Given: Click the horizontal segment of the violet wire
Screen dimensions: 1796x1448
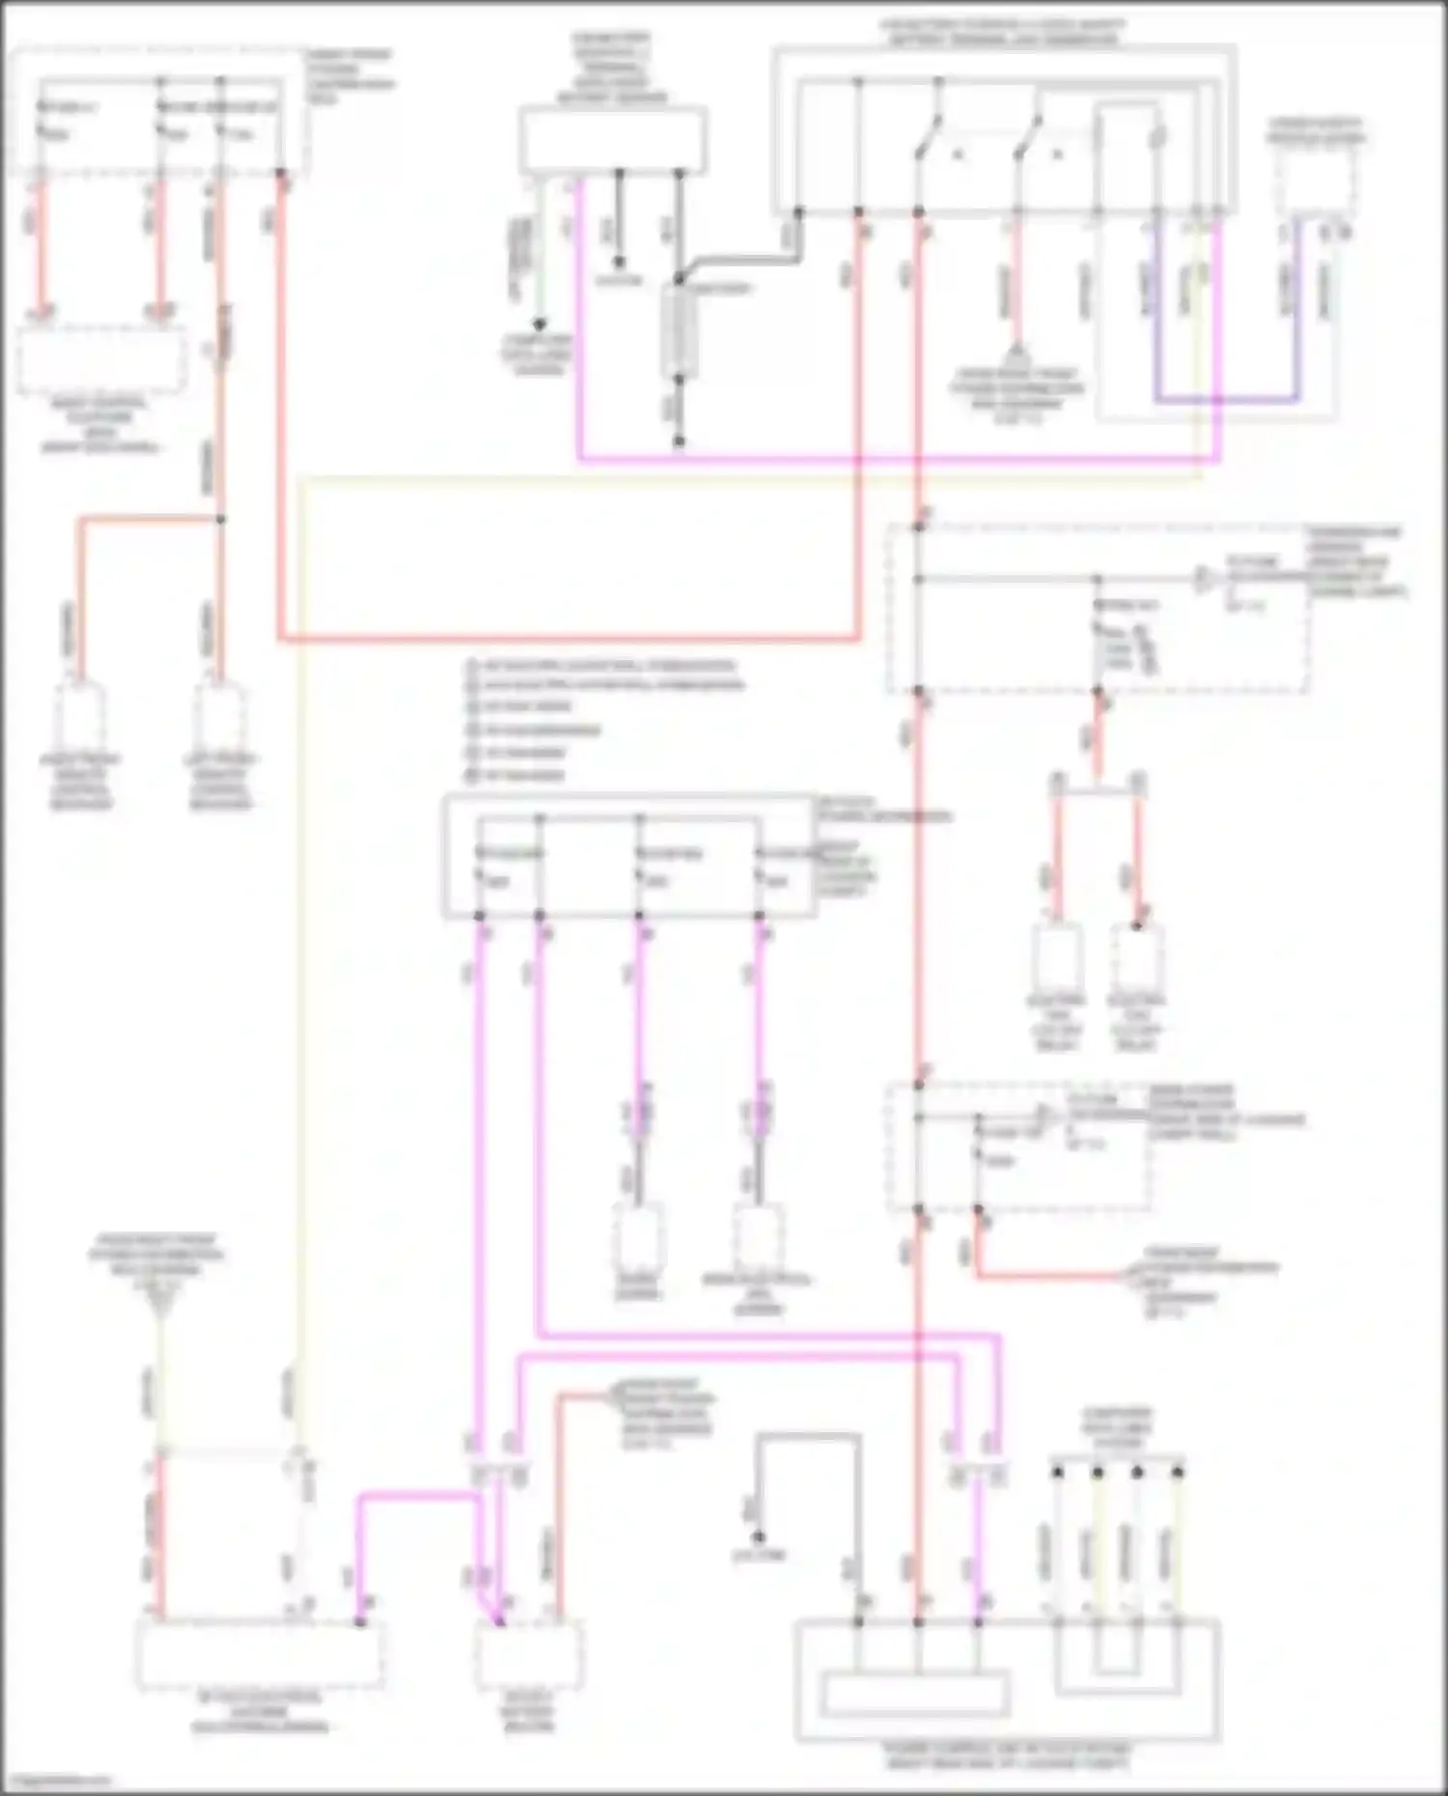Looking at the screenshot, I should point(1226,399).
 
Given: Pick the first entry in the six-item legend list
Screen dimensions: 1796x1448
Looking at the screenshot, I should point(599,665).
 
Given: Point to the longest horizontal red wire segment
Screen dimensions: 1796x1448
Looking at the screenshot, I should point(570,638).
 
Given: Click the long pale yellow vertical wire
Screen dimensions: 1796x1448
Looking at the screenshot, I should point(300,965).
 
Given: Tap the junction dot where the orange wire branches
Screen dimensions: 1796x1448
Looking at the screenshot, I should point(220,519).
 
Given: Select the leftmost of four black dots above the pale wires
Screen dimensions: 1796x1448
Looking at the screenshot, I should point(1058,1473).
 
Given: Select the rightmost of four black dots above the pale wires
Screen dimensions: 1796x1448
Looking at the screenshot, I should point(1178,1473).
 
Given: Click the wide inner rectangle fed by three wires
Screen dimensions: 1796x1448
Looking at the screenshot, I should point(914,1694).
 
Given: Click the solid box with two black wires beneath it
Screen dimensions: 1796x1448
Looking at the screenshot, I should point(614,141).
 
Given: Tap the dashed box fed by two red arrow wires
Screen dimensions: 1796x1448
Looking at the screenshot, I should point(101,359).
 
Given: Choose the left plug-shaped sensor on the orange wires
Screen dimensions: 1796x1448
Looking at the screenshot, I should point(81,719).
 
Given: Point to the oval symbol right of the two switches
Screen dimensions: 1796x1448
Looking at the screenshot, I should point(1157,135).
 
